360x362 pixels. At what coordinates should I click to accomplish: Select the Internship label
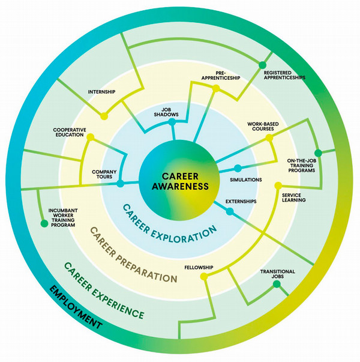(101, 92)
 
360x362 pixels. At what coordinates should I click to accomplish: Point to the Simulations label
(246, 179)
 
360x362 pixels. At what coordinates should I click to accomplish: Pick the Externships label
(241, 201)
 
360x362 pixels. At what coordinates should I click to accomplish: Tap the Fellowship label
(200, 267)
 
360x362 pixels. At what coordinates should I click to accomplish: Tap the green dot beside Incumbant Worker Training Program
(44, 224)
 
